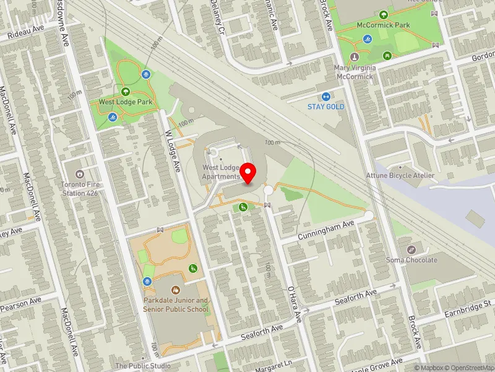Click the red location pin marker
(x=248, y=172)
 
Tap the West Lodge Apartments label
(x=221, y=172)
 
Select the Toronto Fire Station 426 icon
(x=80, y=174)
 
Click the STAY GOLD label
(x=326, y=107)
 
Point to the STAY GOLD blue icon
(x=326, y=96)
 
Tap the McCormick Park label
(x=384, y=25)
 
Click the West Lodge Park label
(x=126, y=102)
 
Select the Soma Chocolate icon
(x=411, y=249)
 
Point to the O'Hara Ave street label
(x=293, y=304)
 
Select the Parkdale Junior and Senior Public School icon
(x=176, y=290)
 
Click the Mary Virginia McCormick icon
(x=355, y=57)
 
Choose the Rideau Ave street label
(x=27, y=32)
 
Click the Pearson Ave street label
(x=20, y=304)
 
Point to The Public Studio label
(x=143, y=366)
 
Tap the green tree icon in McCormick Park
(x=384, y=14)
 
